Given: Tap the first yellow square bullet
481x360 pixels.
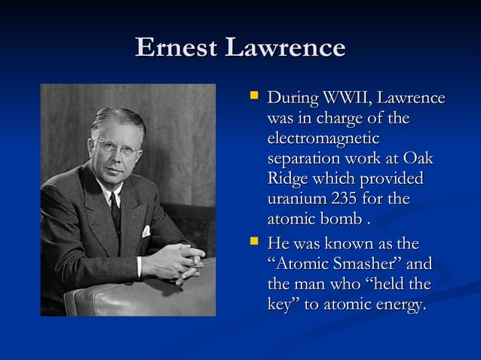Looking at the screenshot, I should (254, 96).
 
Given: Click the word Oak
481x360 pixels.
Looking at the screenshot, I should (418, 160).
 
